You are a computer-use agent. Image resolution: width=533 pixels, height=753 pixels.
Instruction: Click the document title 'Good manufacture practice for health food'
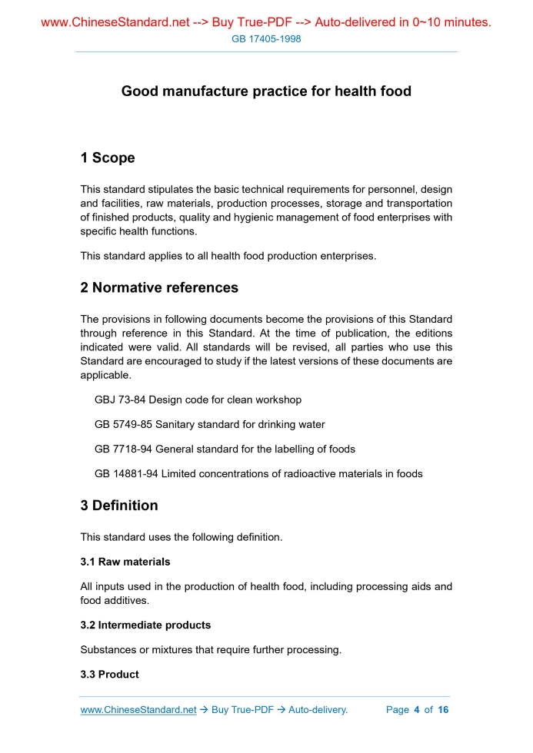coord(266,91)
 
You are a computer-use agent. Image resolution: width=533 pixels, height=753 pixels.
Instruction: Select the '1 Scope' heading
coord(107,158)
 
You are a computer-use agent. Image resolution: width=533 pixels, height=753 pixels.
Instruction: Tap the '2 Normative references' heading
coord(159,288)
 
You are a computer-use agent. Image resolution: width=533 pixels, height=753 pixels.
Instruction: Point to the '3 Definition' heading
coord(119,506)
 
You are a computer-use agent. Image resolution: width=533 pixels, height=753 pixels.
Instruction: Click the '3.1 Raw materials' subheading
coord(125,562)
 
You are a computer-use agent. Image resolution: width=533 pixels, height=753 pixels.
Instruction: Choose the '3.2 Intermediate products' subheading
coord(145,625)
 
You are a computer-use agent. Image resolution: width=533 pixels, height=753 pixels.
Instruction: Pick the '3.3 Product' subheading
coord(109,674)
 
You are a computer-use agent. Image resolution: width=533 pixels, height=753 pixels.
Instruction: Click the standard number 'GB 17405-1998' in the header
coord(266,38)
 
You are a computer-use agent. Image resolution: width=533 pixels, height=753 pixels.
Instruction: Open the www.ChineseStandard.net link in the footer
coord(138,709)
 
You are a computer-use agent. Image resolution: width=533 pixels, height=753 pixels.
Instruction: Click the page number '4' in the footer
coord(416,709)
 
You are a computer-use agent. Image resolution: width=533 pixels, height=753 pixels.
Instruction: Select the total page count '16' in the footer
coord(443,709)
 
